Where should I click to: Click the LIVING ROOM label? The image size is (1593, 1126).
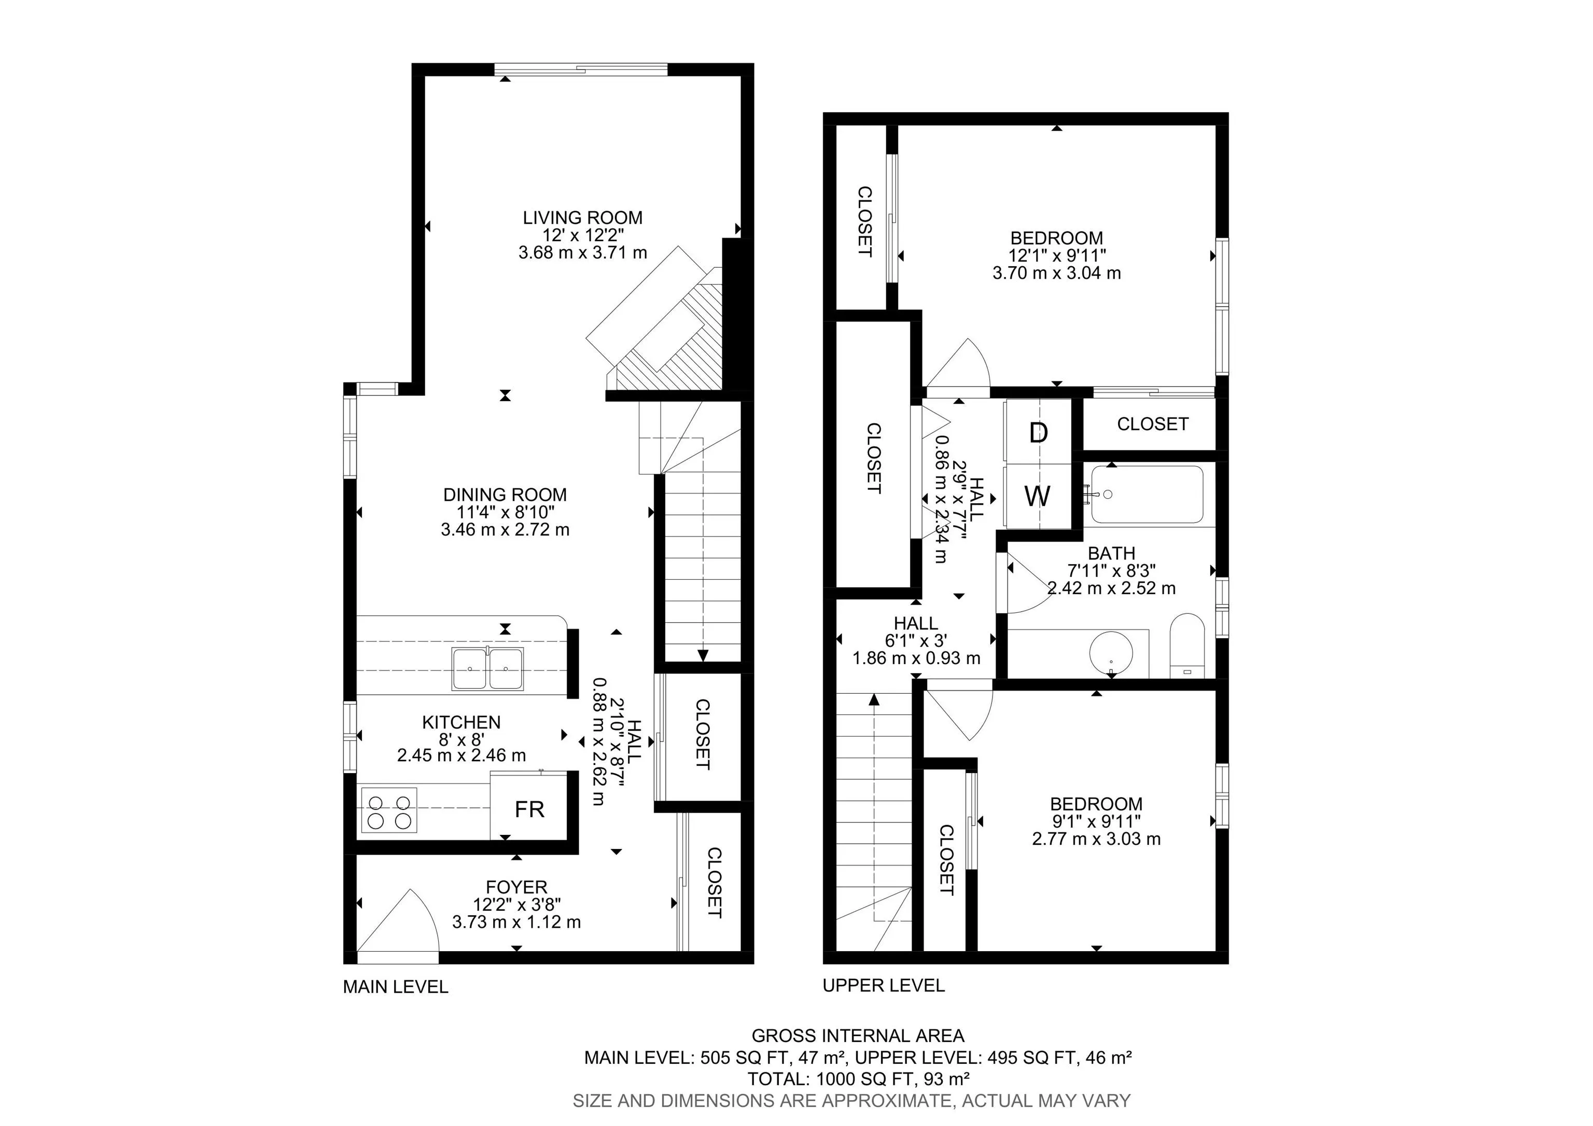click(x=582, y=218)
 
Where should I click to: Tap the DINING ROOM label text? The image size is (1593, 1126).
click(x=505, y=495)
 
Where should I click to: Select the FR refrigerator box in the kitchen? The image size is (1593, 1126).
click(x=529, y=809)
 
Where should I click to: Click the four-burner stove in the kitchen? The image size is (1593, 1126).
click(x=388, y=812)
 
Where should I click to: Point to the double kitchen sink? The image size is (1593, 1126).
click(x=488, y=668)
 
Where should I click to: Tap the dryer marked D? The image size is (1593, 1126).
click(x=1038, y=433)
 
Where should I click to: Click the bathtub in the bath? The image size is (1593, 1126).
click(x=1146, y=495)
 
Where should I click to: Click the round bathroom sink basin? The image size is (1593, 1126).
click(x=1111, y=653)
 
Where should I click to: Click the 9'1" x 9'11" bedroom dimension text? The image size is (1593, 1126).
click(x=1096, y=822)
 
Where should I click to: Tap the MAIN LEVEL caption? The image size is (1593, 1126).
click(x=396, y=986)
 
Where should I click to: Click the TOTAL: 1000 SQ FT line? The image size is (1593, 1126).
click(x=858, y=1079)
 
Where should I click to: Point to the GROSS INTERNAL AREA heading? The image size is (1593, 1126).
click(x=858, y=1036)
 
